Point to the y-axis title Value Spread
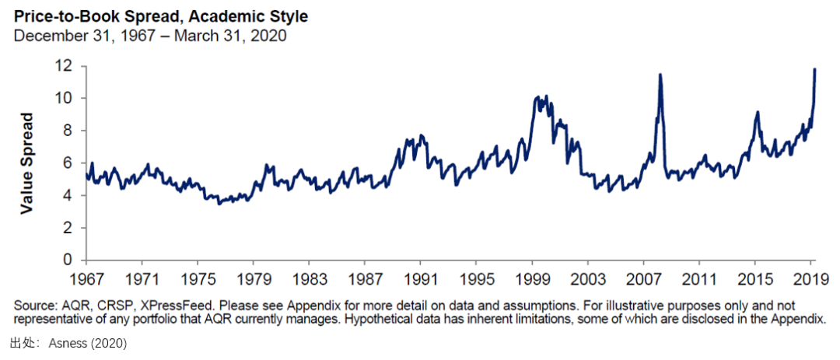tap(26, 163)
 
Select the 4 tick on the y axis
tap(70, 195)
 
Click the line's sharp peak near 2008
tap(660, 75)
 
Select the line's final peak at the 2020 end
tap(814, 69)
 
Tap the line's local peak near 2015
tap(756, 112)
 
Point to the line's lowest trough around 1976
tap(219, 204)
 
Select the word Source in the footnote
tap(30, 303)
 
